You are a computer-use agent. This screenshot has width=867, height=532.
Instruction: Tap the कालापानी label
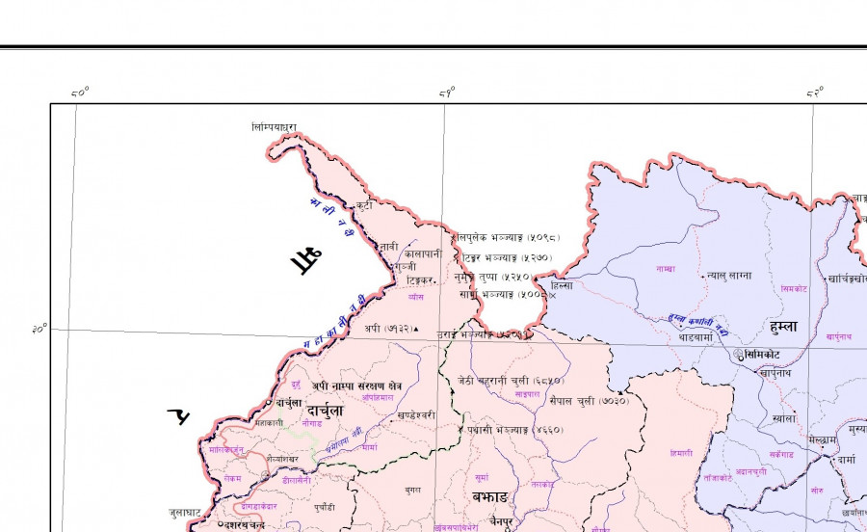pos(423,253)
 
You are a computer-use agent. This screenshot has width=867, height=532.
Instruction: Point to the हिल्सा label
pos(561,285)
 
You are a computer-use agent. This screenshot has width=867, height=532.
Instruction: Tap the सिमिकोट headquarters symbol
pos(739,355)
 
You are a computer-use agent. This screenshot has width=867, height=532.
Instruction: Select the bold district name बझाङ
pos(490,496)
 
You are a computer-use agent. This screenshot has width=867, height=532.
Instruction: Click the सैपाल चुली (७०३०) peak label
pos(589,399)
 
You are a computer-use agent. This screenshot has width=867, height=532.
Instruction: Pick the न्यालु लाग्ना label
pos(727,275)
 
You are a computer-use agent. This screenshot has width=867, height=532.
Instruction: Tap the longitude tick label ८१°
pos(447,93)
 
